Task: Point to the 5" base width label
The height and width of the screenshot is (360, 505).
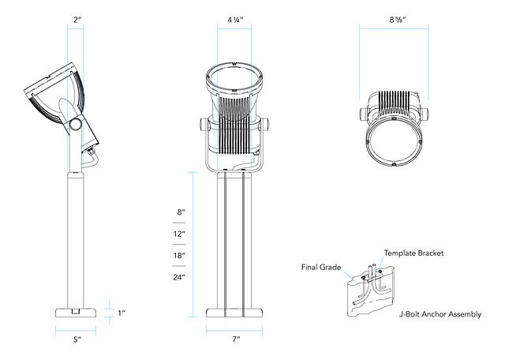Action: [77, 339]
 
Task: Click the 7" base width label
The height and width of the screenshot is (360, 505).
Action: [235, 339]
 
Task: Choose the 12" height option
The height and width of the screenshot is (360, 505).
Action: [179, 234]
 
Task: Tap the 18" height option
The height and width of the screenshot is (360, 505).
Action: [179, 257]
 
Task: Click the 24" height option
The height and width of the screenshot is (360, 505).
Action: [179, 278]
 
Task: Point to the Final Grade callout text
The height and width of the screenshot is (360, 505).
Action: [320, 267]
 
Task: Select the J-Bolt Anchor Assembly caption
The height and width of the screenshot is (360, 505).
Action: [440, 314]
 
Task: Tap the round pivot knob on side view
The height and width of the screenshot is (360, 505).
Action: [75, 124]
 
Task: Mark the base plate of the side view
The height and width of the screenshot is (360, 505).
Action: [76, 311]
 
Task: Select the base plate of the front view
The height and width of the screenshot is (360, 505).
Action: [235, 311]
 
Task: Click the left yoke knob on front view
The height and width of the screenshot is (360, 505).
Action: [204, 126]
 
